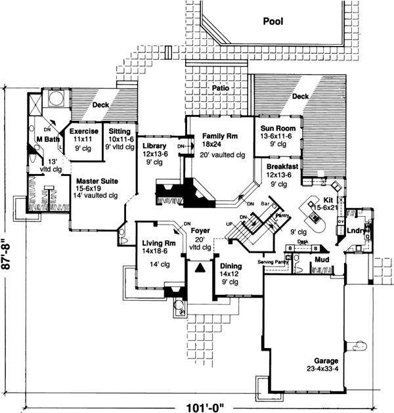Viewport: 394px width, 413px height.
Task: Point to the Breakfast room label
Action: tap(283, 167)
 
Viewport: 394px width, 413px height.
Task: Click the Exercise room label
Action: tap(84, 131)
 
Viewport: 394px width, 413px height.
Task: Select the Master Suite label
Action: tap(97, 180)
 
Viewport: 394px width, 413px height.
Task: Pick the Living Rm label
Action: tap(158, 244)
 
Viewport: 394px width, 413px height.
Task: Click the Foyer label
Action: tap(200, 231)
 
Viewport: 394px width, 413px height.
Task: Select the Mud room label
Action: tap(321, 260)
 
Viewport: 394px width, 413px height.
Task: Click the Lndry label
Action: tap(357, 231)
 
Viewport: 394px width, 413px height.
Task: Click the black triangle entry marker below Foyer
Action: tap(200, 268)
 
